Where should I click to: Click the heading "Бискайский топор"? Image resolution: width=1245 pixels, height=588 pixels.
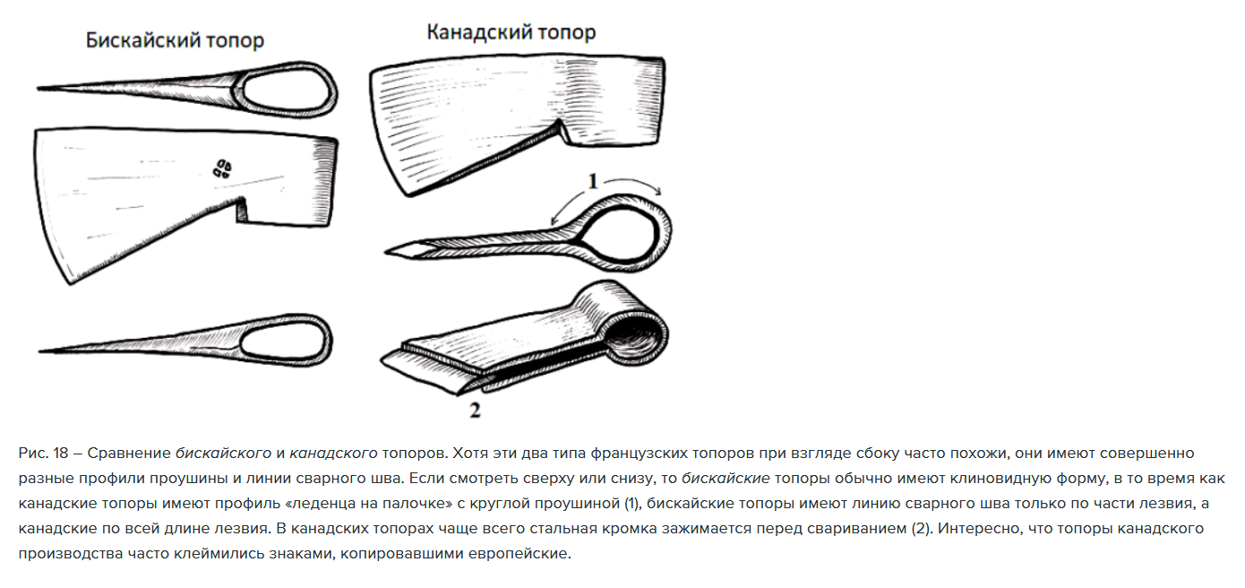pyautogui.click(x=175, y=40)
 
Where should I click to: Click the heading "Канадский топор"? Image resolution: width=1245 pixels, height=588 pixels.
pyautogui.click(x=511, y=32)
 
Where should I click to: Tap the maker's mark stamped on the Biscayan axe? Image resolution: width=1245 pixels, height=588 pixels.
pyautogui.click(x=222, y=169)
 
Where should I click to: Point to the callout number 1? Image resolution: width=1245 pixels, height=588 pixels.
pyautogui.click(x=593, y=181)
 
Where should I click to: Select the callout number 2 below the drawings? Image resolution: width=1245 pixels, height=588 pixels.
pyautogui.click(x=475, y=411)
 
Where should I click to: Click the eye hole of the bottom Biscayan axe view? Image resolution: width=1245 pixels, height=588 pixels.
pyautogui.click(x=282, y=341)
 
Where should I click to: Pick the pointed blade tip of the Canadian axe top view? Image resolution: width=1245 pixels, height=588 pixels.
pyautogui.click(x=386, y=253)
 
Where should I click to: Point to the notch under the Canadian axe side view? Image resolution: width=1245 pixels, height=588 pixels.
pyautogui.click(x=562, y=133)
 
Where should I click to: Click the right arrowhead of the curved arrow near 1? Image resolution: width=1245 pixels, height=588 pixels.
pyautogui.click(x=658, y=191)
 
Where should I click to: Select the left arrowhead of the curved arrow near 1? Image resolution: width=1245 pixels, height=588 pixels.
pyautogui.click(x=553, y=220)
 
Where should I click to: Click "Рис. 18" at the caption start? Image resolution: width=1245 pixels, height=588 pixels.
pyautogui.click(x=43, y=454)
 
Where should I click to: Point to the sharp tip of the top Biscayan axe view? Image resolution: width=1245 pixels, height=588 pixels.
pyautogui.click(x=39, y=88)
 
